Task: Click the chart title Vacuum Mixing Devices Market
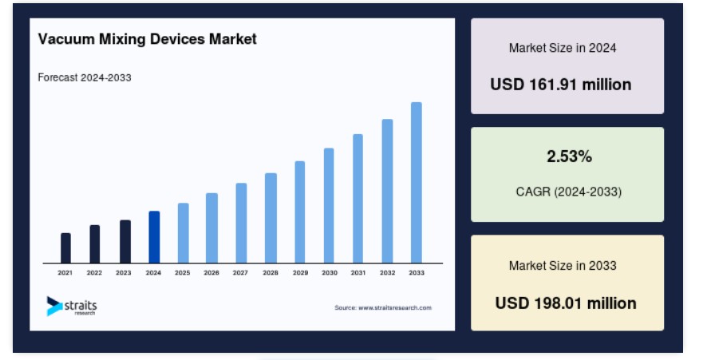click(x=147, y=39)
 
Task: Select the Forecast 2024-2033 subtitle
click(x=85, y=77)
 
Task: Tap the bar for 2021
click(x=65, y=248)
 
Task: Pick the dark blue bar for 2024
click(x=154, y=237)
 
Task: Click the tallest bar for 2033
click(x=417, y=183)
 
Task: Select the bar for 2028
click(x=271, y=219)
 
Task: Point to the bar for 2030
click(x=329, y=206)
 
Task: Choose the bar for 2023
click(x=125, y=242)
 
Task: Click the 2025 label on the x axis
click(x=182, y=273)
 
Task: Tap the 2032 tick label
click(x=387, y=273)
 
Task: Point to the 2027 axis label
click(x=240, y=273)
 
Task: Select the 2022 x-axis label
click(x=94, y=273)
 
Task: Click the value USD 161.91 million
click(x=560, y=85)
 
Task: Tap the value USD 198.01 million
click(x=566, y=303)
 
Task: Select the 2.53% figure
click(x=569, y=156)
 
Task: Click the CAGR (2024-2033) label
click(x=569, y=192)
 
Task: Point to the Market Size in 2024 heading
click(x=563, y=48)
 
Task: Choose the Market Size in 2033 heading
click(x=563, y=266)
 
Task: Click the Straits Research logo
click(x=72, y=306)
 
